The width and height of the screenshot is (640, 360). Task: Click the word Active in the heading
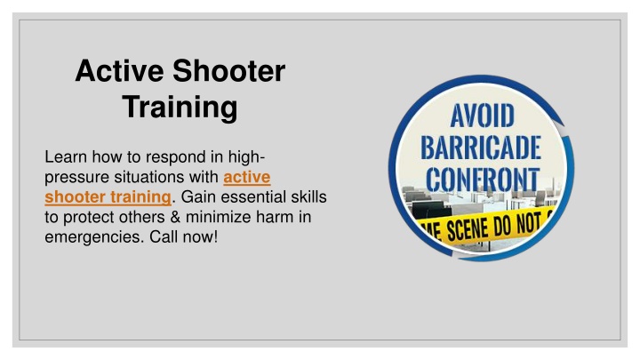(119, 71)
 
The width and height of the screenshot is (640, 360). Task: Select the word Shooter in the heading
(229, 71)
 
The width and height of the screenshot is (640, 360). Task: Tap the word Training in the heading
(180, 108)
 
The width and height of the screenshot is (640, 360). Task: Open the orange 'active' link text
(247, 177)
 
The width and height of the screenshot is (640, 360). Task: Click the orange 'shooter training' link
(108, 197)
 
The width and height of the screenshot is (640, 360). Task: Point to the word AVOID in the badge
(482, 116)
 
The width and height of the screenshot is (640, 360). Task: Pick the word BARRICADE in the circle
(481, 148)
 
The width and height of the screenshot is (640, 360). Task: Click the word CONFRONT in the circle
(483, 180)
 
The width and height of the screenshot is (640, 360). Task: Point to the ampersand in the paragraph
(175, 217)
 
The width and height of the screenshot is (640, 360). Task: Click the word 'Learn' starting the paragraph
(66, 157)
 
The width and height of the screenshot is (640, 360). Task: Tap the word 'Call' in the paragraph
(164, 237)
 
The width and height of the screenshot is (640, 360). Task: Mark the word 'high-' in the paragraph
(246, 157)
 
